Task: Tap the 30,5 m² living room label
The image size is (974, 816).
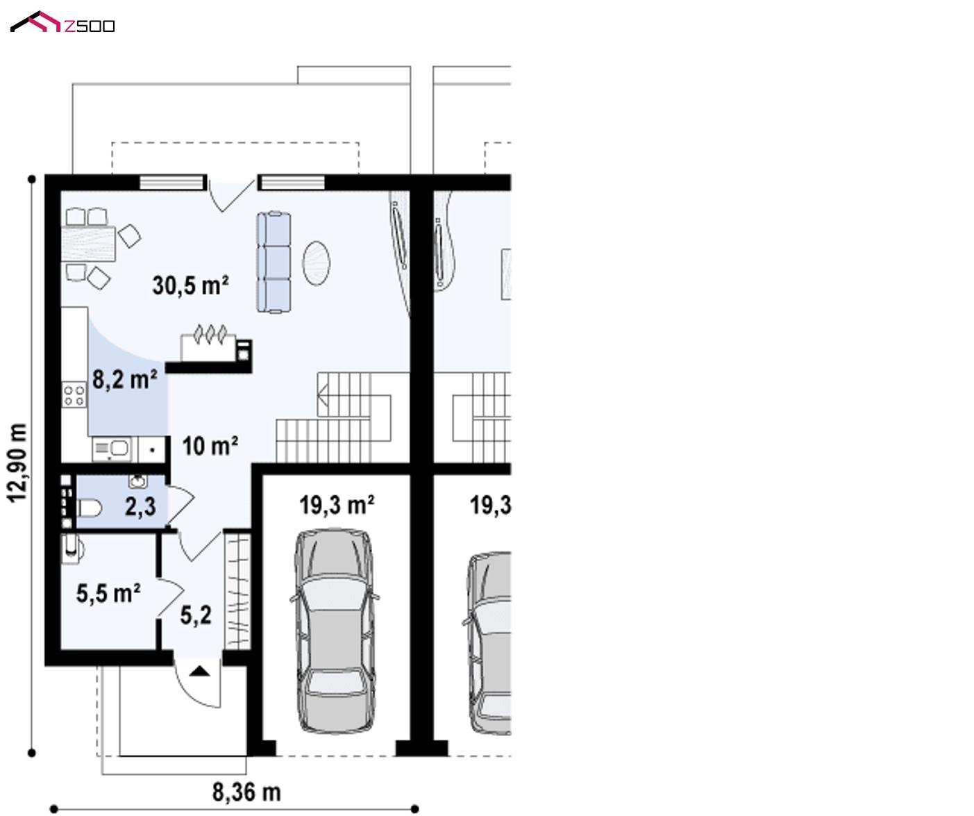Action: pyautogui.click(x=190, y=285)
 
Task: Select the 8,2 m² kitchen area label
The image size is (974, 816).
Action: pyautogui.click(x=124, y=379)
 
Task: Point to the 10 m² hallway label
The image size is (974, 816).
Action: pyautogui.click(x=210, y=446)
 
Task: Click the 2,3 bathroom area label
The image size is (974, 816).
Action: pyautogui.click(x=140, y=506)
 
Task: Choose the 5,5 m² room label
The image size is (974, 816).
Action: pyautogui.click(x=108, y=593)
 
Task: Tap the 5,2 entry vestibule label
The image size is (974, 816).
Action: pyautogui.click(x=196, y=615)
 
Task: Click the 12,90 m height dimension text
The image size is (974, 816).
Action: pyautogui.click(x=18, y=463)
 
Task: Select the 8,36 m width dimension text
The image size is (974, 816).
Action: pyautogui.click(x=246, y=792)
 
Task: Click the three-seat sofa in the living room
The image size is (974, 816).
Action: pyautogui.click(x=274, y=263)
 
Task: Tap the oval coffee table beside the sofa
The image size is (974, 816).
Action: pyautogui.click(x=317, y=263)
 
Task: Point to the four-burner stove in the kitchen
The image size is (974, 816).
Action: pyautogui.click(x=74, y=394)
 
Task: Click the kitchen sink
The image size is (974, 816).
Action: pyautogui.click(x=112, y=449)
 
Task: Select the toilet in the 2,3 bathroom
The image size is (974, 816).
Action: pyautogui.click(x=89, y=508)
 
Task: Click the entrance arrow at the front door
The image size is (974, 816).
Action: pyautogui.click(x=200, y=672)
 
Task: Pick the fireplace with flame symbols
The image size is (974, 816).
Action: pyautogui.click(x=216, y=344)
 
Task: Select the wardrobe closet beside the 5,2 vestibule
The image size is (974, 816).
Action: pyautogui.click(x=238, y=591)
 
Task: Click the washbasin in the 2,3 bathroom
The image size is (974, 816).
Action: pyautogui.click(x=137, y=481)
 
